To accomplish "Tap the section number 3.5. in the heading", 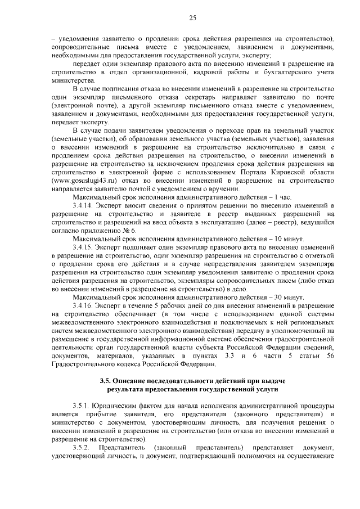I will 106,382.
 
